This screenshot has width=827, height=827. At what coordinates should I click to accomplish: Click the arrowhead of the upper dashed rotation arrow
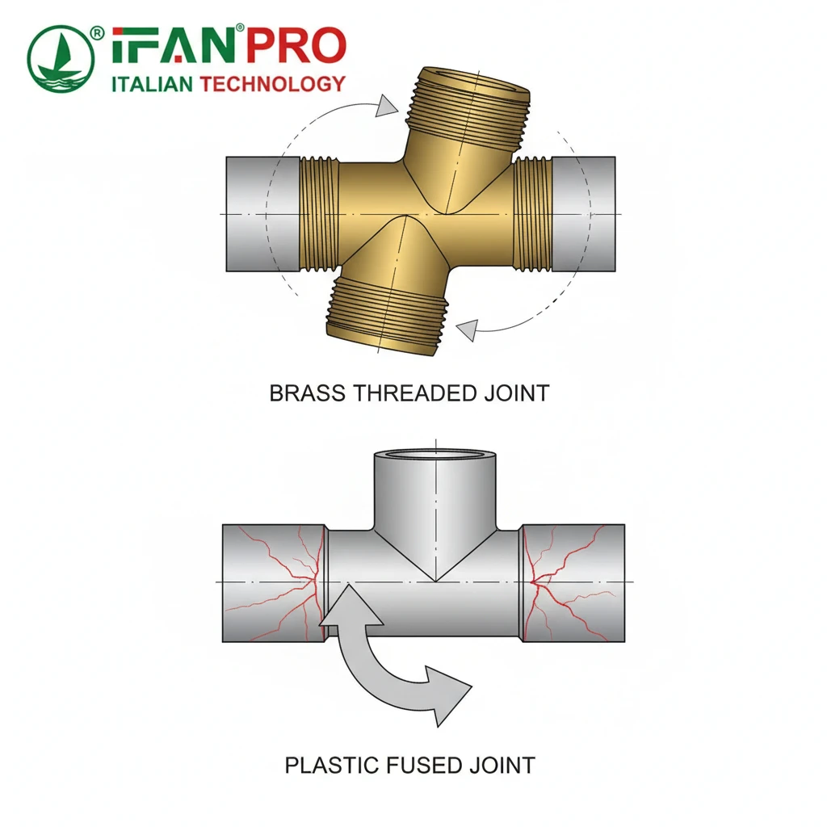pyautogui.click(x=387, y=105)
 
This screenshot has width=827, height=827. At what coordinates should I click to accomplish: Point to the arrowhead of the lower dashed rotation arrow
pyautogui.click(x=466, y=328)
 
